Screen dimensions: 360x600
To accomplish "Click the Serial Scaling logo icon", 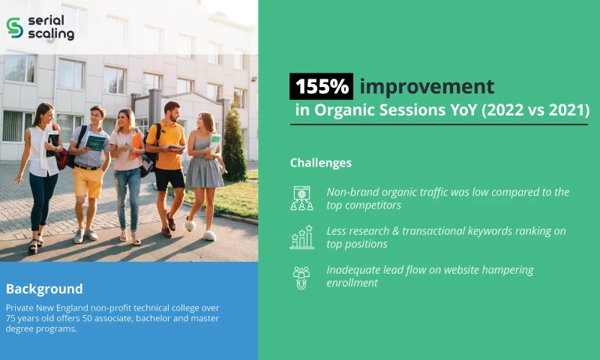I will click(x=14, y=27).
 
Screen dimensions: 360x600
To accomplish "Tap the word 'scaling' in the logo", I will click(x=51, y=34).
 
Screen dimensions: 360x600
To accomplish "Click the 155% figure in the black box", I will click(x=321, y=86).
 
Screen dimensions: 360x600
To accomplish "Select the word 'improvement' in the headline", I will click(x=426, y=86).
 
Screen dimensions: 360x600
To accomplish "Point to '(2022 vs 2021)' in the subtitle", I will click(x=535, y=111).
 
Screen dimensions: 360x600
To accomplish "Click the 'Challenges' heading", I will click(x=320, y=163).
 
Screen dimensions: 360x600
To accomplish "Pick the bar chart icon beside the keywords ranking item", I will click(x=301, y=237).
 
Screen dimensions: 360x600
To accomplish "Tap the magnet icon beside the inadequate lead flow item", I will click(x=301, y=277).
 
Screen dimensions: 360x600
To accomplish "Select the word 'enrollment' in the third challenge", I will click(x=352, y=283).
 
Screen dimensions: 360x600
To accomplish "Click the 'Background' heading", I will click(x=44, y=289).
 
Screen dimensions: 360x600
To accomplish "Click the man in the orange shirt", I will click(x=167, y=157).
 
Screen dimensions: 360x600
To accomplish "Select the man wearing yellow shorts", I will click(x=89, y=165).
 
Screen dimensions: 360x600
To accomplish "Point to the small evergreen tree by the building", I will click(x=233, y=146).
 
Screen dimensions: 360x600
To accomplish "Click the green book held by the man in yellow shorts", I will click(x=96, y=142).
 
